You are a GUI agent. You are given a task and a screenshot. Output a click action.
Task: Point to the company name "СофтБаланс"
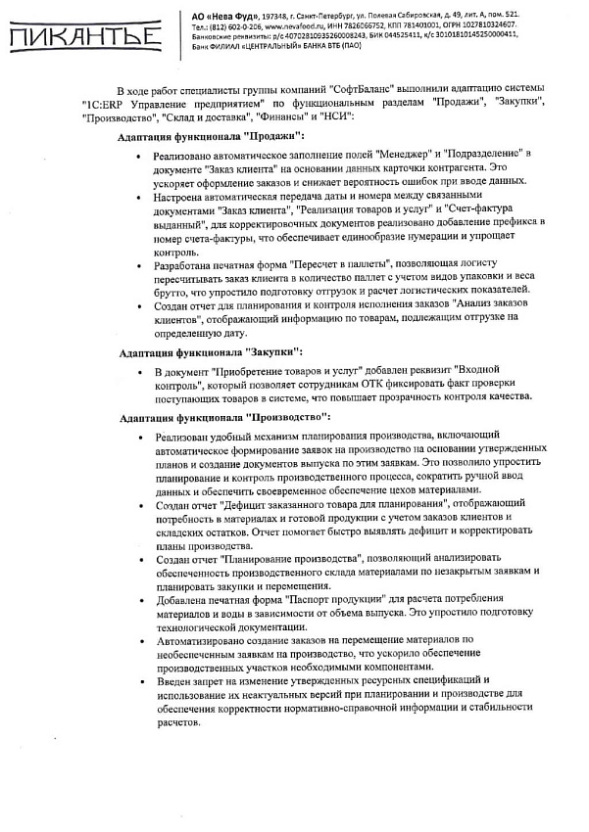(x=372, y=89)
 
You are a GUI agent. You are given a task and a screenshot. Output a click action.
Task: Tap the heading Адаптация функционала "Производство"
(x=224, y=418)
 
